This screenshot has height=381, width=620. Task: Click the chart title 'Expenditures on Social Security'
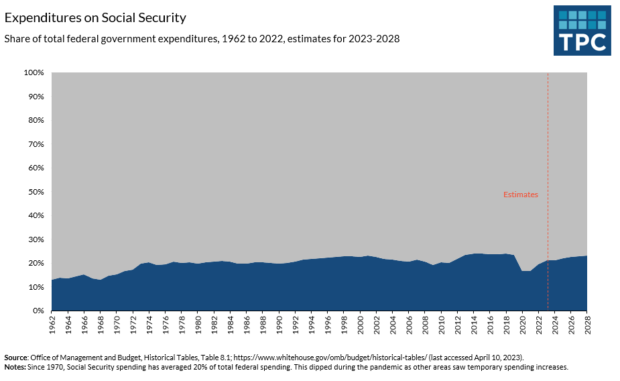[95, 17]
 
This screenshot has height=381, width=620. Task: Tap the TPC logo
[582, 31]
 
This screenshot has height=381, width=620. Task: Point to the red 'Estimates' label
[521, 195]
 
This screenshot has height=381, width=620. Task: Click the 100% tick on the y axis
[34, 72]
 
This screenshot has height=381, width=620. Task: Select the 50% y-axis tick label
[36, 192]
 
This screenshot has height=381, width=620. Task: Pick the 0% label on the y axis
[38, 311]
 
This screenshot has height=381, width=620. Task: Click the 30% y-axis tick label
[36, 239]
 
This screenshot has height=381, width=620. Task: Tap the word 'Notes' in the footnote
[15, 368]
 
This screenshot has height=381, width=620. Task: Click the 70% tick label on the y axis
[36, 144]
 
